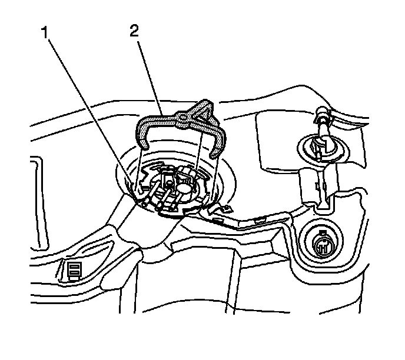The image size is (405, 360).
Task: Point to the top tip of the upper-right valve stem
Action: [322, 110]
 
